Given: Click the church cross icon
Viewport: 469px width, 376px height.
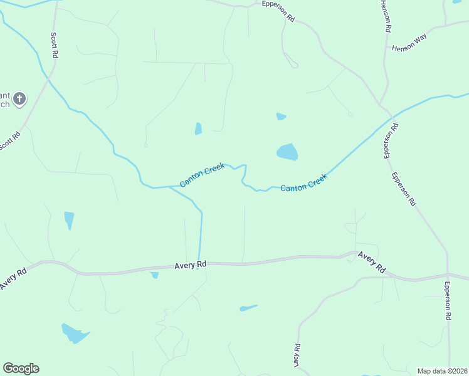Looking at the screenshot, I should pyautogui.click(x=19, y=98).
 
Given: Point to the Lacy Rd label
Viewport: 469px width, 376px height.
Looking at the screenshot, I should pyautogui.click(x=296, y=355).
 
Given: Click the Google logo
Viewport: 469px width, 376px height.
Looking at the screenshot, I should pyautogui.click(x=21, y=368).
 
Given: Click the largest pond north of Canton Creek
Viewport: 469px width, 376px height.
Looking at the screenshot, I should pyautogui.click(x=287, y=152).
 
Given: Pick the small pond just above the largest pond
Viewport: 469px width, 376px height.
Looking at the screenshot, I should pyautogui.click(x=281, y=116).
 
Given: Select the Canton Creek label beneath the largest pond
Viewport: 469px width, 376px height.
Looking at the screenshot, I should pyautogui.click(x=304, y=183).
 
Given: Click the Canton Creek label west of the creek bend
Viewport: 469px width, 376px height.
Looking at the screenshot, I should pyautogui.click(x=202, y=175).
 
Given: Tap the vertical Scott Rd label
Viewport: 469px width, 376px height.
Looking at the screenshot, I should pyautogui.click(x=55, y=46).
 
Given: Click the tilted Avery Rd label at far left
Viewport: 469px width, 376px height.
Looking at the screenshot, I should pyautogui.click(x=13, y=279).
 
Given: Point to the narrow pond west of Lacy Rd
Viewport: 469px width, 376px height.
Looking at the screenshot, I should pyautogui.click(x=248, y=308).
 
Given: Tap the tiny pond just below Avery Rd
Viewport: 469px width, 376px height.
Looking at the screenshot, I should pyautogui.click(x=154, y=274).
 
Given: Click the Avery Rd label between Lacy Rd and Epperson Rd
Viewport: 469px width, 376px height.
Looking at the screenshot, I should pyautogui.click(x=372, y=261).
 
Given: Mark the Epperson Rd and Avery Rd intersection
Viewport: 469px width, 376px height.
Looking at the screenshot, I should pyautogui.click(x=448, y=275).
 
